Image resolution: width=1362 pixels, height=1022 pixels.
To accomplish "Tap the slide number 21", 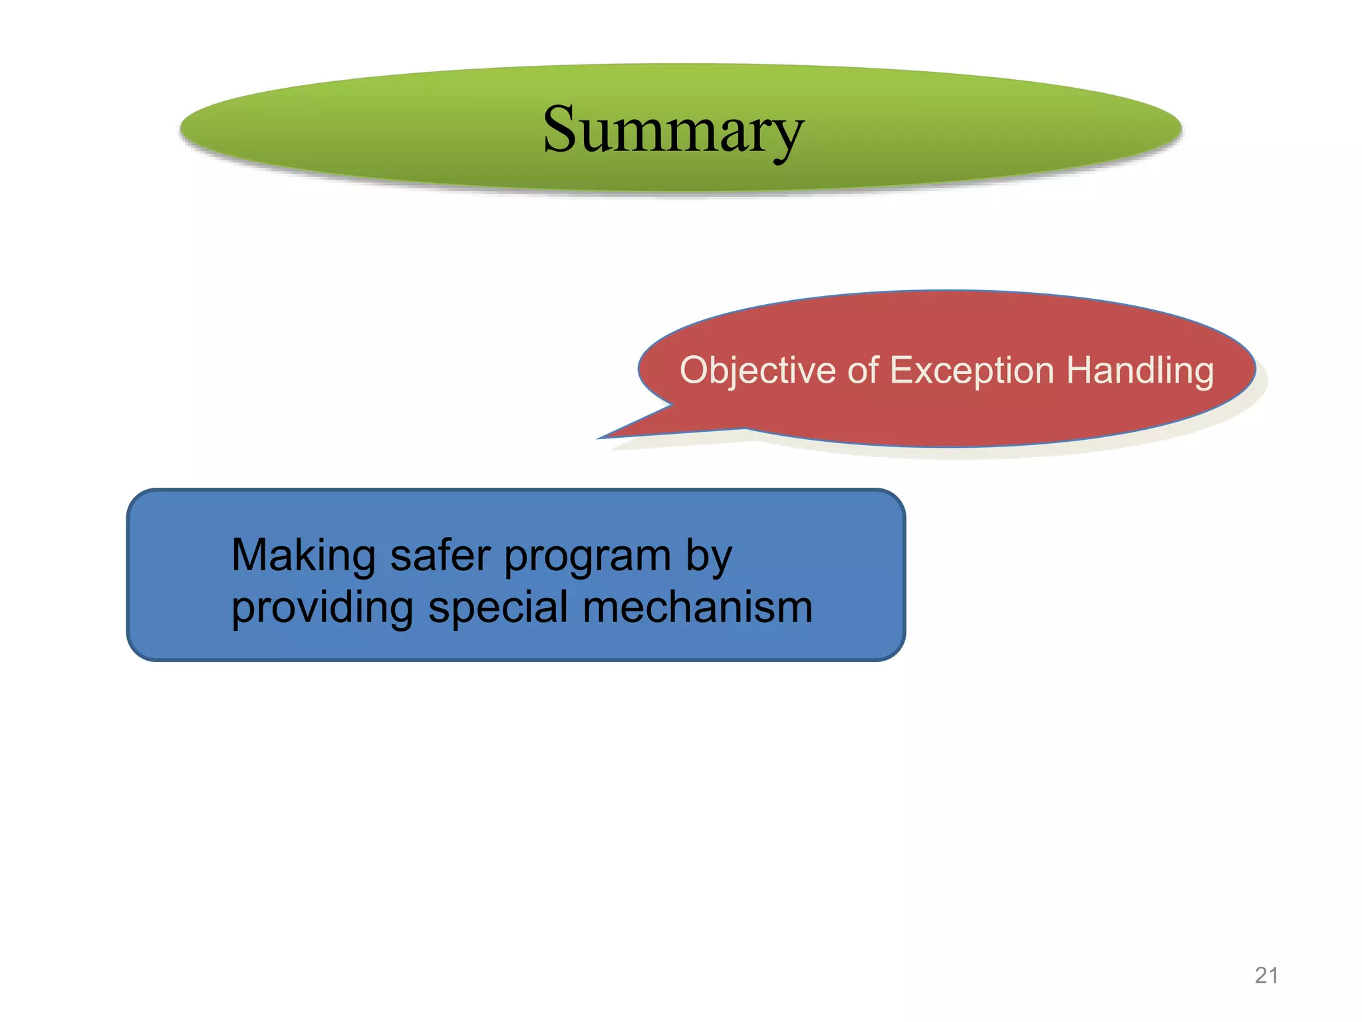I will [1266, 975].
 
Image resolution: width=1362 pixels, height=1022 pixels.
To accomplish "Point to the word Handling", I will [1140, 371].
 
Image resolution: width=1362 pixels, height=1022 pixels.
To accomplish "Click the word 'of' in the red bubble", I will [863, 371].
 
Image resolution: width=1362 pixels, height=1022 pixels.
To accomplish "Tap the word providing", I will [323, 609].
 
